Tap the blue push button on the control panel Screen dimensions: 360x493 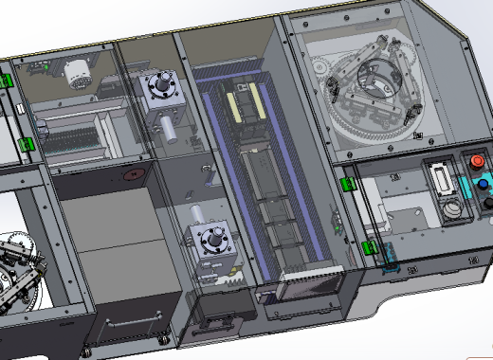click(483, 182)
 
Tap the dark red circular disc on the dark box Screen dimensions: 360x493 click(136, 175)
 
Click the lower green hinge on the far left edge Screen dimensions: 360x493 click(26, 144)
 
